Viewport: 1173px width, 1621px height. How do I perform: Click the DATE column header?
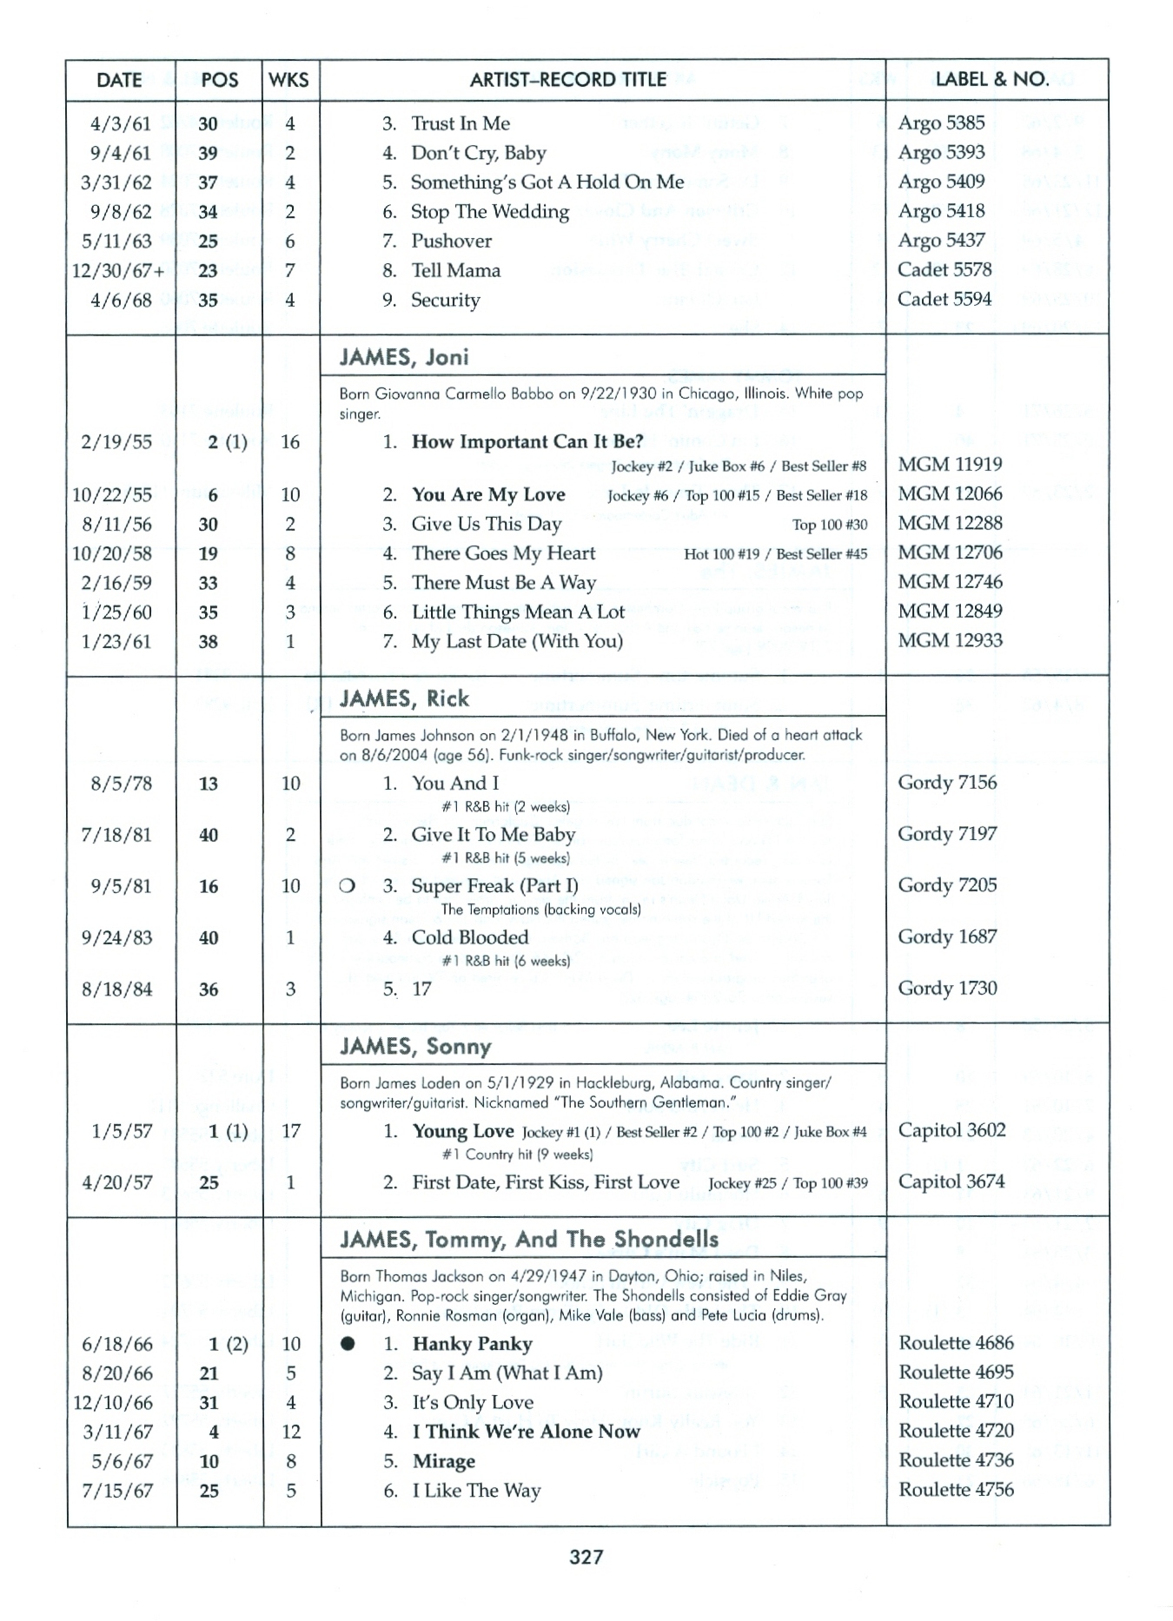119,80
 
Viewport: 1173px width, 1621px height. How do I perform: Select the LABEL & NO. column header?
991,79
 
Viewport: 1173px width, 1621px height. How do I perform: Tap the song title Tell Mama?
455,270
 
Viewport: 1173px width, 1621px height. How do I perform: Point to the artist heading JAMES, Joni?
404,357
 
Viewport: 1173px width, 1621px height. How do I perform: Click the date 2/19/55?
116,442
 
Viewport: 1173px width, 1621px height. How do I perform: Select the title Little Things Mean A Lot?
518,612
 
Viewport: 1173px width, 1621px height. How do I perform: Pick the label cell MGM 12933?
950,640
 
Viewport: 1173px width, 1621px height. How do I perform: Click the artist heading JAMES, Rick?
404,699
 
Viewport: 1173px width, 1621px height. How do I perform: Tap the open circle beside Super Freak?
348,886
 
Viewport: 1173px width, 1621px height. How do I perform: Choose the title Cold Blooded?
469,937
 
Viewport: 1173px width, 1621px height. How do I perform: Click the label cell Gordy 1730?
947,988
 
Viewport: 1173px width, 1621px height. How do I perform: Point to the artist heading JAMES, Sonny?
415,1047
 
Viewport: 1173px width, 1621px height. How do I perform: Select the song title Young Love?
462,1131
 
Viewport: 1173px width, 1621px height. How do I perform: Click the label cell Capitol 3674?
951,1181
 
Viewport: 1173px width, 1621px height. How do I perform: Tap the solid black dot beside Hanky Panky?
348,1344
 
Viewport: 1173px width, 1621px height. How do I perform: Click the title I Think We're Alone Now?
525,1432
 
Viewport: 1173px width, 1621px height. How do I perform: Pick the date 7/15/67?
116,1491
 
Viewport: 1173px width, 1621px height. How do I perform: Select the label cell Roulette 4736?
956,1460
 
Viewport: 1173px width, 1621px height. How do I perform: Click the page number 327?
586,1557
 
